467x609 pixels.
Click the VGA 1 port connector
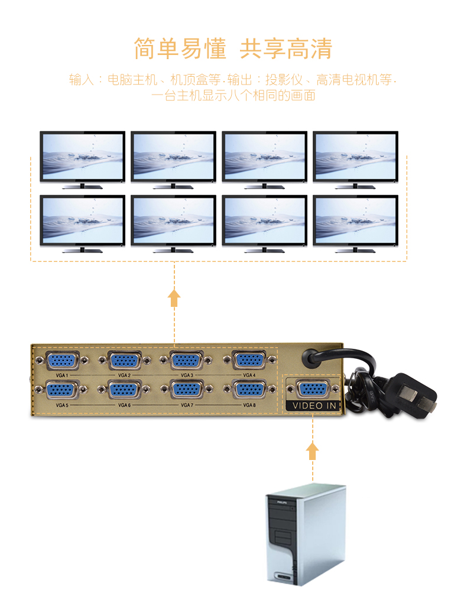pos(61,359)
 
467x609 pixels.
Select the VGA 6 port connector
pos(124,389)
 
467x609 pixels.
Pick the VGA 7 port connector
pos(187,389)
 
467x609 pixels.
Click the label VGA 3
pos(187,375)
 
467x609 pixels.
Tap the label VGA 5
pos(61,405)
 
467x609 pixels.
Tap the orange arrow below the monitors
pos(174,297)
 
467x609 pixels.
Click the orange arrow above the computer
pos(312,451)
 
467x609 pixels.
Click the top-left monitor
pos(82,158)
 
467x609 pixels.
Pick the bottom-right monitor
pos(355,223)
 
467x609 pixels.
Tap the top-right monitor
pos(355,158)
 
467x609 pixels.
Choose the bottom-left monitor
pos(82,223)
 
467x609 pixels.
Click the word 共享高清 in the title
pos(286,48)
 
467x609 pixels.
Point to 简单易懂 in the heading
pos(180,48)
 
